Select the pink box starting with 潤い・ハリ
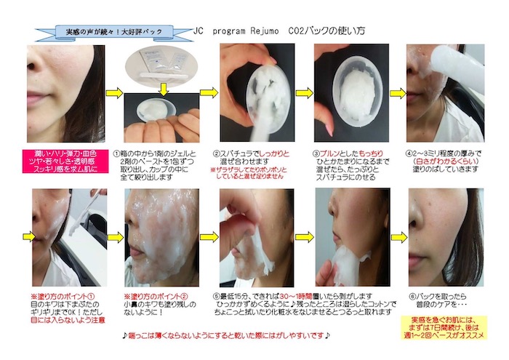click(x=63, y=159)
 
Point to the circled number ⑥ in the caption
click(x=411, y=297)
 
